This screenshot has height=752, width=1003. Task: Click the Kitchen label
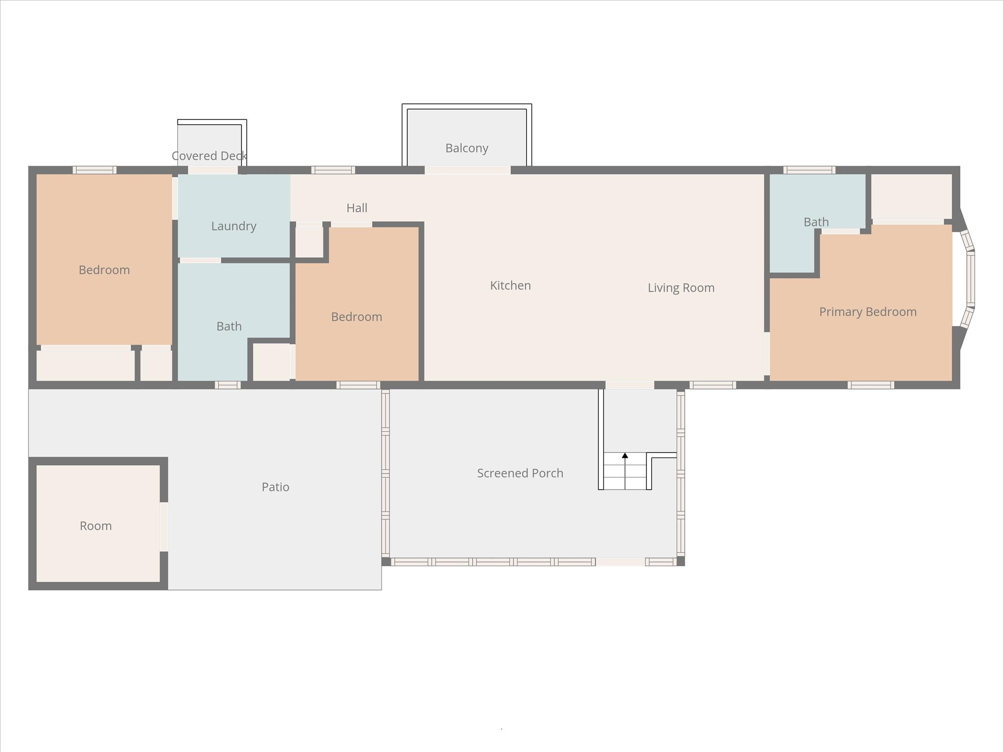[x=510, y=285]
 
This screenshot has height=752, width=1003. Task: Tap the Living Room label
[x=681, y=288]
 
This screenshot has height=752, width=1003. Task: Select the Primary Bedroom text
[x=867, y=312]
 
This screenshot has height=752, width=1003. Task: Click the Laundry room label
[x=234, y=226]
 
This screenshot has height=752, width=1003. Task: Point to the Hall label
[x=357, y=208]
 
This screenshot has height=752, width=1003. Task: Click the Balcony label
[x=466, y=148]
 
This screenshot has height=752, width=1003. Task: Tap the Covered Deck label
[x=209, y=156]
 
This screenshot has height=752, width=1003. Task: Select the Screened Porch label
[x=520, y=473]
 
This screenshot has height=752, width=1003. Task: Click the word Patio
[x=275, y=487]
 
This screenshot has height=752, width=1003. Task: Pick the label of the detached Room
[x=96, y=526]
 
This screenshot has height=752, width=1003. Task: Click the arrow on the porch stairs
[x=625, y=456]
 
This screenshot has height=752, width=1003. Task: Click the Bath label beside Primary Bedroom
[x=816, y=222]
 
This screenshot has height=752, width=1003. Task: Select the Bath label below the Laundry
[x=229, y=327]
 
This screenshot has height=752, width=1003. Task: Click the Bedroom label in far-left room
[x=104, y=270]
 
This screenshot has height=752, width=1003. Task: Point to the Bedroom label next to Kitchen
[x=356, y=317]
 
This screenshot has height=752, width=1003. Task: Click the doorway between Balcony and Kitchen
[x=467, y=170]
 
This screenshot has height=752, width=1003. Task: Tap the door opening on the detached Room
[x=164, y=527]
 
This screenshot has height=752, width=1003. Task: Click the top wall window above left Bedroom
[x=95, y=170]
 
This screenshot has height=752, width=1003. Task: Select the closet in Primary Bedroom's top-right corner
[x=911, y=196]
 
